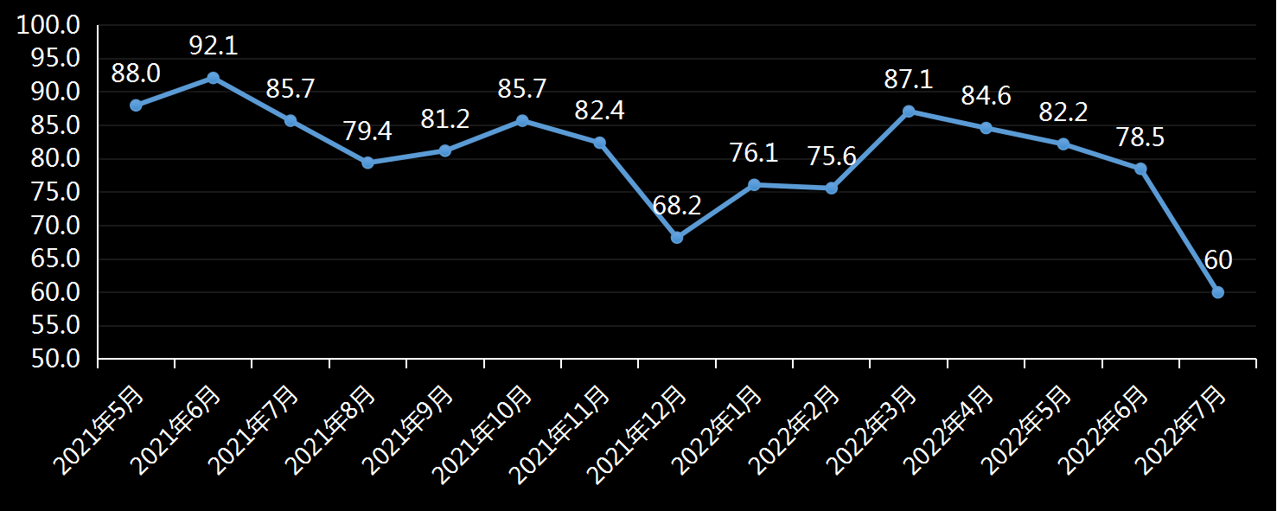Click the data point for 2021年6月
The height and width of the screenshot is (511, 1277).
click(214, 78)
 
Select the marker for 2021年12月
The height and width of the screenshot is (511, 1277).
click(677, 237)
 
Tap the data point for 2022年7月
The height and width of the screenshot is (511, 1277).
click(1217, 292)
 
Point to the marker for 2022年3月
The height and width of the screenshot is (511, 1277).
click(909, 112)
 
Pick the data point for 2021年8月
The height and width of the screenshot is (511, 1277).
click(367, 163)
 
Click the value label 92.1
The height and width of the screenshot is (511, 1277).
click(214, 46)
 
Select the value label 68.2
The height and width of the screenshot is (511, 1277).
click(677, 206)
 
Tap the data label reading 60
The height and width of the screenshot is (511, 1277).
click(1218, 260)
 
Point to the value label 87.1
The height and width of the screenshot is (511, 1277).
click(909, 80)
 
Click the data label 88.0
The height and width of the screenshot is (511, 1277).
click(136, 73)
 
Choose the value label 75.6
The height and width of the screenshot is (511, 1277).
click(832, 156)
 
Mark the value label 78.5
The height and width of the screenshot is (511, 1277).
click(1140, 137)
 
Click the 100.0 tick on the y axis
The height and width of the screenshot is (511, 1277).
click(48, 25)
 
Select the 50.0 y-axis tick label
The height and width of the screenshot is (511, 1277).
click(55, 359)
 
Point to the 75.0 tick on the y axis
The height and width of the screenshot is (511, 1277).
click(55, 192)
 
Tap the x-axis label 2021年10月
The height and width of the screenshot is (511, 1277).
click(482, 435)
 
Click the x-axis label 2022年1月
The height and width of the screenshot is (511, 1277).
click(717, 431)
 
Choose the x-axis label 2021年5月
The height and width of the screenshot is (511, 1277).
click(99, 431)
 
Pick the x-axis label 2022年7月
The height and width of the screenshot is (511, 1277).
click(1181, 431)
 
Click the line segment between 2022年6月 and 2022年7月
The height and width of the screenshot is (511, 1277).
click(1179, 230)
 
